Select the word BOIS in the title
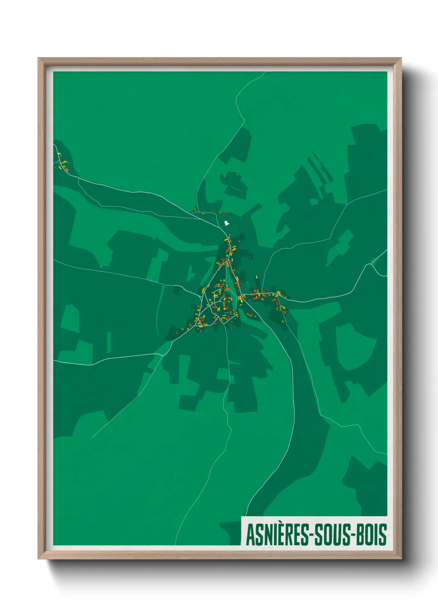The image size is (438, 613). [x=371, y=535]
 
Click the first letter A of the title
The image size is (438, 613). [x=250, y=535]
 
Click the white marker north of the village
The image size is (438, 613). [x=226, y=224]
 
